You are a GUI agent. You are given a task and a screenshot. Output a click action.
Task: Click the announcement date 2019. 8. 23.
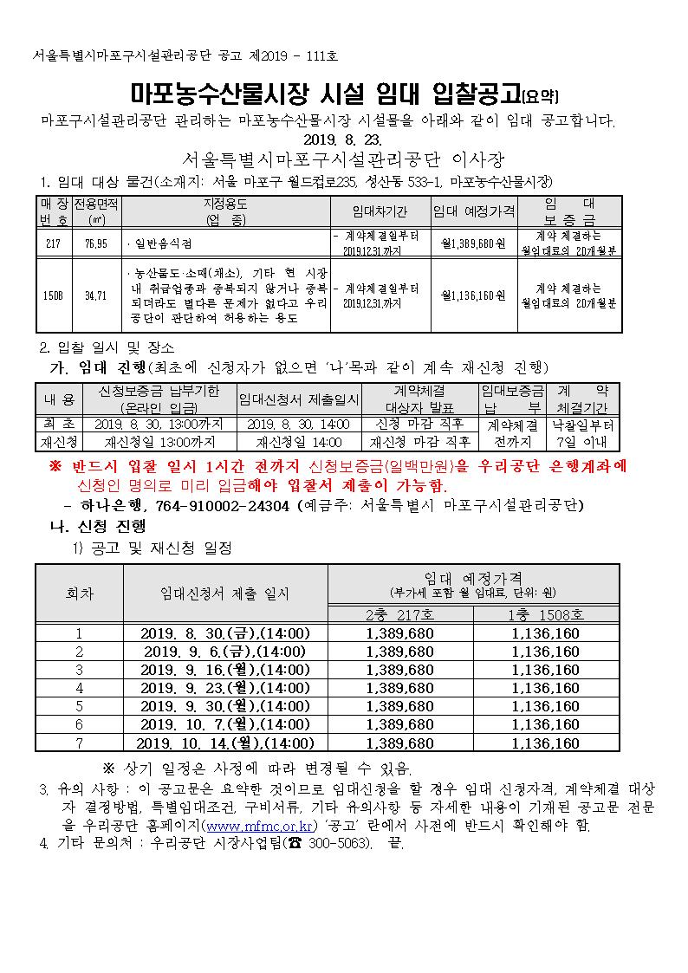[341, 139]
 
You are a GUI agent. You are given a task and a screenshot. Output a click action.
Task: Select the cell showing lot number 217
[54, 243]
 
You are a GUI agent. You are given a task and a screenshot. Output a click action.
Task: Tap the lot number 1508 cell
[54, 295]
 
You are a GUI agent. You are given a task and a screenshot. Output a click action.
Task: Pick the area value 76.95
[96, 243]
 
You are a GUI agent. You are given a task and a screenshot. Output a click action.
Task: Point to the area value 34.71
[96, 295]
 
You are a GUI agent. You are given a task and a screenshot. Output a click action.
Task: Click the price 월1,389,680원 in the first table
[473, 243]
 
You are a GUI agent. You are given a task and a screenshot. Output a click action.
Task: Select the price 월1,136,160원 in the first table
[473, 295]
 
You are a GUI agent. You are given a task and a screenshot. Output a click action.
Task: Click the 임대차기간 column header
[380, 211]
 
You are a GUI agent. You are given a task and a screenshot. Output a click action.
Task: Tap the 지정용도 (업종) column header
[225, 211]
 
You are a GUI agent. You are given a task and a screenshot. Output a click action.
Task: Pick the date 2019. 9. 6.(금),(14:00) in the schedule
[225, 652]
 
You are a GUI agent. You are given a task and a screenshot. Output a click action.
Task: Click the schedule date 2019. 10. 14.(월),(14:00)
[225, 743]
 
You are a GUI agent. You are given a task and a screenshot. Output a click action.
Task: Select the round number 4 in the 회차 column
[79, 688]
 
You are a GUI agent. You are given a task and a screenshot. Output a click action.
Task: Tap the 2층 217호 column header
[400, 614]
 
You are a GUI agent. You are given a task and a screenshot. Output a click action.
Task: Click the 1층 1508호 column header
[546, 614]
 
